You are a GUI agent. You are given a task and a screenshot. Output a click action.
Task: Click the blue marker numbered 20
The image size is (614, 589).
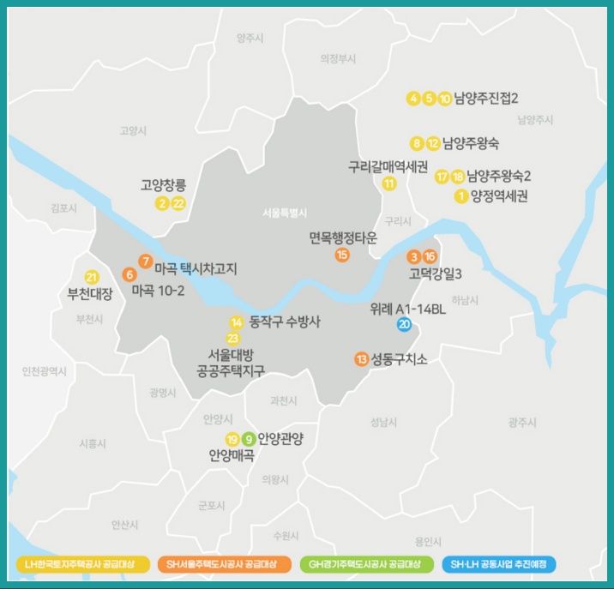[x=404, y=324]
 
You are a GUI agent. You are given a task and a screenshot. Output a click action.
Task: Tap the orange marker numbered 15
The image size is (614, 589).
[x=342, y=255]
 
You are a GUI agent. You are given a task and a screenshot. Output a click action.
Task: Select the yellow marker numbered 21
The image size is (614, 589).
[x=92, y=277]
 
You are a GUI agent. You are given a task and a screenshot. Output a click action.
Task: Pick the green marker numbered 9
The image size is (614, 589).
[x=248, y=439]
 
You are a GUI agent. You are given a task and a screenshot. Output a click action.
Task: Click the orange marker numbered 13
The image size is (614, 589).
[x=361, y=358]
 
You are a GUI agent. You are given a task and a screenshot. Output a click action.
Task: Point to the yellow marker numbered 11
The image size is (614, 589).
[x=389, y=183]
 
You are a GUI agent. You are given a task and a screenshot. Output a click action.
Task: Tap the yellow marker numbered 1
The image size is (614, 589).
[x=462, y=196]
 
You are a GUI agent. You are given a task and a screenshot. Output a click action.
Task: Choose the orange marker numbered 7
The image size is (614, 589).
[x=145, y=261]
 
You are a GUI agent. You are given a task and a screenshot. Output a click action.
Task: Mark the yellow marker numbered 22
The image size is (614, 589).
[x=178, y=203]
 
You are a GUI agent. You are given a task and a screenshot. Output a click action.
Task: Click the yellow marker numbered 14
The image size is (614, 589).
[x=237, y=322]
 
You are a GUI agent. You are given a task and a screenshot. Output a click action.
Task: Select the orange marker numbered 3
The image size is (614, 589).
[x=414, y=256]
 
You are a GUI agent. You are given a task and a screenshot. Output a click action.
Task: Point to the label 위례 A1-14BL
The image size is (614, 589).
[x=408, y=308]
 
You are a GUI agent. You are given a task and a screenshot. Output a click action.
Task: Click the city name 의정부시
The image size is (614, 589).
[x=337, y=58]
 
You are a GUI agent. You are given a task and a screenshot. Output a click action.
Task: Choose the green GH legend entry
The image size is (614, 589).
[x=364, y=564]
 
